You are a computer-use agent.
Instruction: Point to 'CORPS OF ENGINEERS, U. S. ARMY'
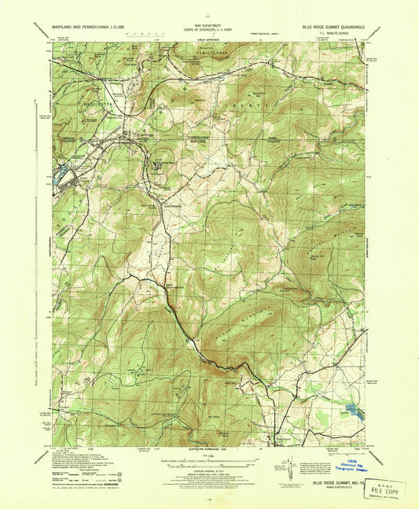pos(208,29)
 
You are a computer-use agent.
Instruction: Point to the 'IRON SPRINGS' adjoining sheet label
pos(208,37)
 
